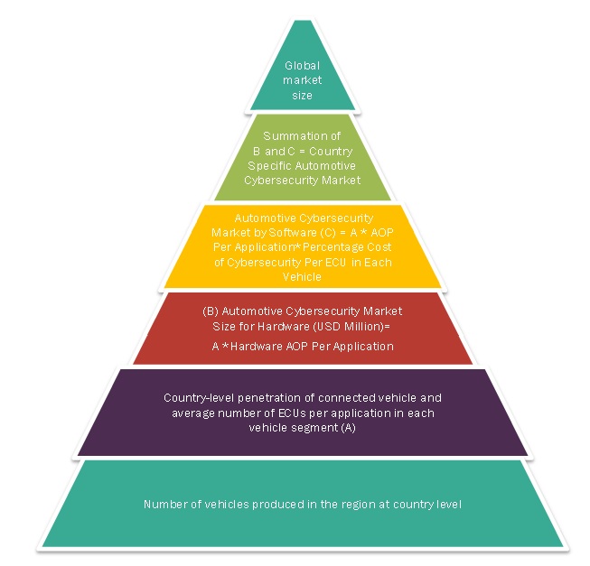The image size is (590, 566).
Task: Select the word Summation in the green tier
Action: [284, 135]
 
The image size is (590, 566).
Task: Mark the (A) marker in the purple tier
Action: [349, 428]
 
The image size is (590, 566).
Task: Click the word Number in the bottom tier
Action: [163, 504]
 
